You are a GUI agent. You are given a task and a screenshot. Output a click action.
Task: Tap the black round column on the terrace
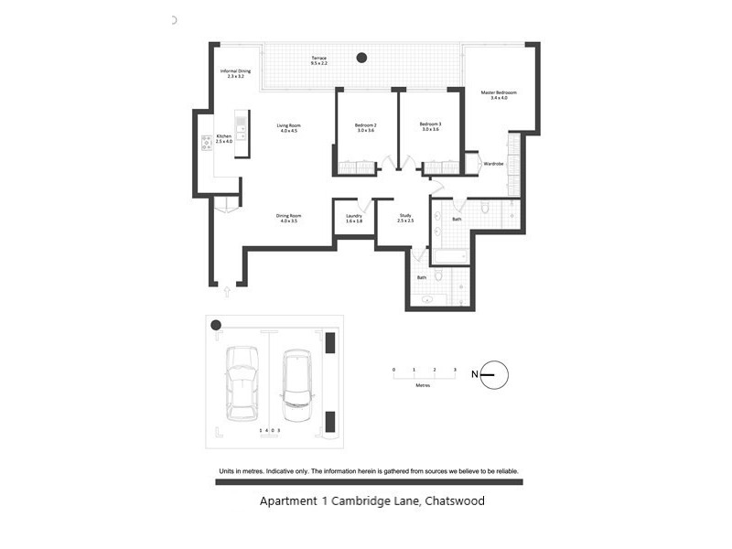coord(361,58)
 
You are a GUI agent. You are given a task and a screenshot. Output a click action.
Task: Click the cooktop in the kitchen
coord(207,143)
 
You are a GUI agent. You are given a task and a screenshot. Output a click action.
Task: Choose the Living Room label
coord(289,128)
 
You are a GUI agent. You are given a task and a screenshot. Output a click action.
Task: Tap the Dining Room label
coord(288,219)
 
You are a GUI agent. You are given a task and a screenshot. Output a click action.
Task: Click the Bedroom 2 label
coord(366,126)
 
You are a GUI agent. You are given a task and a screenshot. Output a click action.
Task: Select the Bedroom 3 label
coord(430,126)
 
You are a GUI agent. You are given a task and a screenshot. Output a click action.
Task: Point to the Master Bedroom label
coord(499,95)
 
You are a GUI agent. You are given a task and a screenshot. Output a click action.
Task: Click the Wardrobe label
coord(493,164)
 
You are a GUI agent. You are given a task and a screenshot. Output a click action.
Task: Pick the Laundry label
coord(354,219)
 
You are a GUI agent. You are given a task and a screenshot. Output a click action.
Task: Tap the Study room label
coord(405,219)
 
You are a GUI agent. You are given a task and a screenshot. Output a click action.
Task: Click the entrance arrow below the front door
coord(227,293)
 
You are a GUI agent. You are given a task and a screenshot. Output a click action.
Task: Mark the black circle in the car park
coord(216,325)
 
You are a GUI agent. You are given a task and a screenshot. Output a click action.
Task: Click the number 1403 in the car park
coord(269,429)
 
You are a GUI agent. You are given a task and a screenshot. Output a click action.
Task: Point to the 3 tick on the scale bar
coord(455,370)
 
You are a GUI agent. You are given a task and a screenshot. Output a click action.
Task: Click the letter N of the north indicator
coord(474,374)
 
